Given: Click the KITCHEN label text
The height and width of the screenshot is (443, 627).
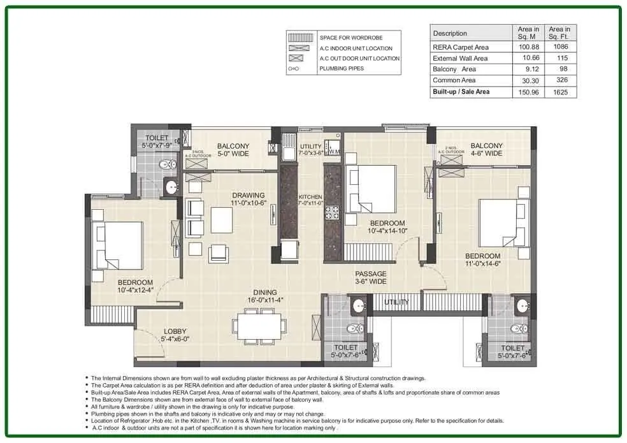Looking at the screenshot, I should [311, 197].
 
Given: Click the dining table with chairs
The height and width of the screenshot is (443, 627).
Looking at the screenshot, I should [257, 326].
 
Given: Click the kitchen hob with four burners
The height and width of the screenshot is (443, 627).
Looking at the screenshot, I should [332, 212].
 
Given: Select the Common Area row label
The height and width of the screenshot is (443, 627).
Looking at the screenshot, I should [455, 80].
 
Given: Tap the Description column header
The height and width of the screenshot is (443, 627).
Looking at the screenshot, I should [450, 33].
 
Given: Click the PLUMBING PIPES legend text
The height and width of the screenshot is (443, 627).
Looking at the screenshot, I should [342, 68].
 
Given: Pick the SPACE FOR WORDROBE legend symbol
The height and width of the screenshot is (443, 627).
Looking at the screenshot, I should [301, 38].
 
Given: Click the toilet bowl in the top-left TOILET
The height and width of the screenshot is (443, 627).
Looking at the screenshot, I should [166, 164].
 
